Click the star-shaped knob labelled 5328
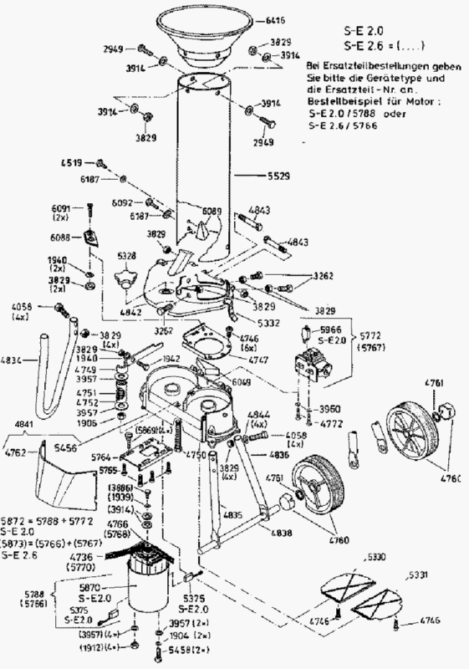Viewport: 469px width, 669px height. [x=128, y=275]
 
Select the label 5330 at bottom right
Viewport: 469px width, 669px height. [x=376, y=555]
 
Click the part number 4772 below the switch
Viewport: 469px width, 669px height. [x=333, y=425]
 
